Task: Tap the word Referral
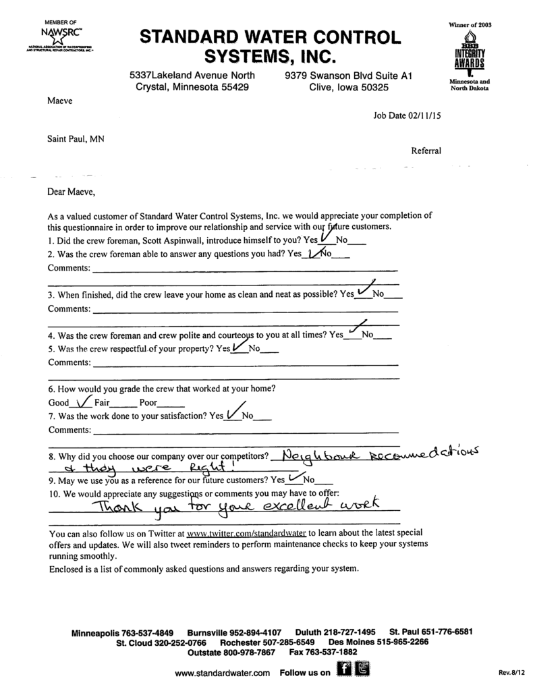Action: point(426,151)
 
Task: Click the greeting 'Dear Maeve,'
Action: point(71,192)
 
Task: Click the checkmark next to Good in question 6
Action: point(83,403)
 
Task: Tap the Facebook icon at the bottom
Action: point(344,669)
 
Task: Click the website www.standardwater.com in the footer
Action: point(222,673)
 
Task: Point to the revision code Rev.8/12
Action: point(511,673)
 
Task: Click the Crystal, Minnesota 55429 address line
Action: point(192,87)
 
